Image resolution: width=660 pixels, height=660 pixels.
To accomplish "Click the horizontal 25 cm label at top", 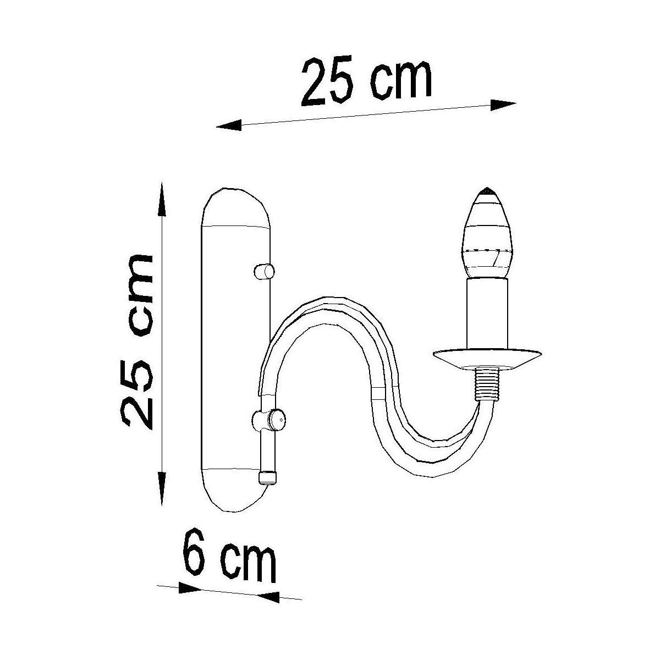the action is [x=366, y=82].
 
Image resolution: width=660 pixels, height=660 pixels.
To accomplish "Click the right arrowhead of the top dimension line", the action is [x=503, y=105].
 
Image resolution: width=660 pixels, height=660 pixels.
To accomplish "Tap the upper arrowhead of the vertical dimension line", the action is [x=162, y=200].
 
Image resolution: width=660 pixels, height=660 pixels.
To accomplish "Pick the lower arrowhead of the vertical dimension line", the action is [x=162, y=488].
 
